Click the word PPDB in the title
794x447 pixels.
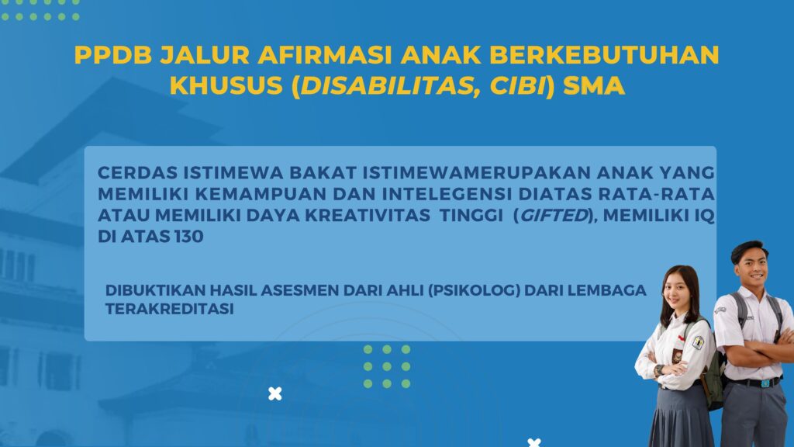coord(113,55)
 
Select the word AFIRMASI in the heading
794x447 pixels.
coord(325,55)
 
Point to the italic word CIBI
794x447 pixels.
coord(516,85)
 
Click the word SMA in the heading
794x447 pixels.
coord(593,85)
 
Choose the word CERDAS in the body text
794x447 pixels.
coord(137,173)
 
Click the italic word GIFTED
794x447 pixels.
coord(554,216)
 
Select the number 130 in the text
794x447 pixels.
coord(188,236)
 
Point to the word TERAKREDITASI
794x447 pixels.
coord(170,309)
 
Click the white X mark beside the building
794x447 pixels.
coord(275,393)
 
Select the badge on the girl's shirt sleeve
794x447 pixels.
coord(699,342)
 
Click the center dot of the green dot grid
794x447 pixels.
coord(387,366)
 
